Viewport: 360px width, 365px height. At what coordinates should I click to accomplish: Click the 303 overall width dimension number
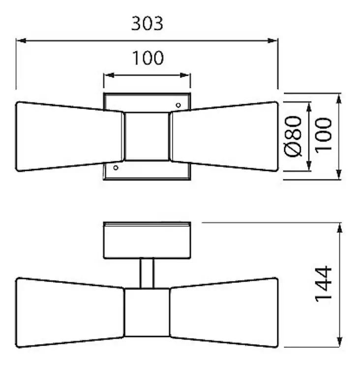tap(147, 24)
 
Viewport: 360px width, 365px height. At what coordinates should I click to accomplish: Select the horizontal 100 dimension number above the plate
tap(148, 58)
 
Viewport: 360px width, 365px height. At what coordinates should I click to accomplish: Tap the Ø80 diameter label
tap(293, 136)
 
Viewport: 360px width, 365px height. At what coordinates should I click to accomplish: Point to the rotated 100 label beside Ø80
tap(323, 136)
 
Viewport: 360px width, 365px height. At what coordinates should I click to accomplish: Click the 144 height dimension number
tap(323, 284)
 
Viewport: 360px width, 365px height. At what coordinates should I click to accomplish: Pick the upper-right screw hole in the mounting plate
tap(178, 105)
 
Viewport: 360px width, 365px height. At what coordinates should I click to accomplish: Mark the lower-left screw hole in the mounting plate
tap(116, 168)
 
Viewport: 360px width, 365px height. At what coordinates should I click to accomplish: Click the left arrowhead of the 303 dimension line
tap(21, 41)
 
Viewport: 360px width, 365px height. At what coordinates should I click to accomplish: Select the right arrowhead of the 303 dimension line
tap(272, 41)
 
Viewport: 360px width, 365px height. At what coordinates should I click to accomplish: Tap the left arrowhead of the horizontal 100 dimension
tap(109, 75)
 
